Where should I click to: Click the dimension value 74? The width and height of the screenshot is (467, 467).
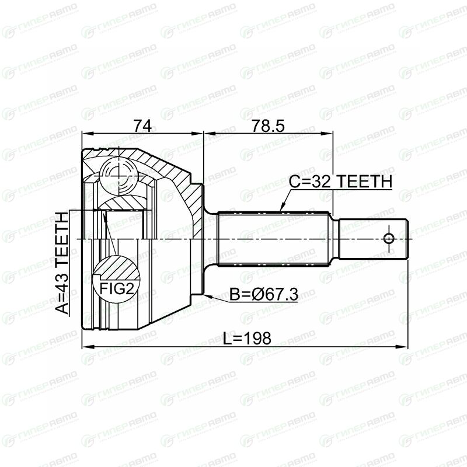(x=142, y=126)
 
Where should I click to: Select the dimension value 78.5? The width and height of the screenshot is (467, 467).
(x=268, y=126)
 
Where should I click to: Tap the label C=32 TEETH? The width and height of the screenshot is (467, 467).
(x=340, y=182)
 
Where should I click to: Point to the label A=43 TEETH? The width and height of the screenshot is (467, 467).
(x=62, y=263)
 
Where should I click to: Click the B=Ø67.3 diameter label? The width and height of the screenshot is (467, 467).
(x=264, y=295)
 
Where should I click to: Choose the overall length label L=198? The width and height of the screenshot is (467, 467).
(x=247, y=338)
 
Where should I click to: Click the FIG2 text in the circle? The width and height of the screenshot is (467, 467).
(x=116, y=288)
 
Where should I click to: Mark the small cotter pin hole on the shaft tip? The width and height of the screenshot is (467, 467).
(x=389, y=238)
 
